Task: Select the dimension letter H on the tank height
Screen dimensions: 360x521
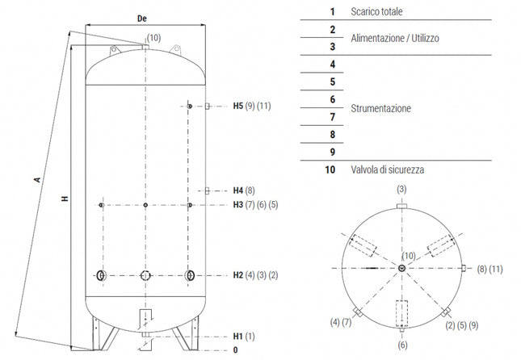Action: pos(62,199)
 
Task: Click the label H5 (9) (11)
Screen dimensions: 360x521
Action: pos(252,107)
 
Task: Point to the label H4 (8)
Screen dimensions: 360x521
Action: pos(243,190)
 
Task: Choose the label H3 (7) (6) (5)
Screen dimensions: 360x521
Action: pos(254,205)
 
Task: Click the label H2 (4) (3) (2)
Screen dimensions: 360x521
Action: pos(254,276)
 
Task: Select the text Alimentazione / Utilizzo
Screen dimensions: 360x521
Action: pos(395,38)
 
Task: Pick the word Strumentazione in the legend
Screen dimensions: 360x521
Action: pos(381,108)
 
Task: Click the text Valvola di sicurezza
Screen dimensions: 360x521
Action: pos(388,170)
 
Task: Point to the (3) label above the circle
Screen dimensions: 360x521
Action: pos(401,188)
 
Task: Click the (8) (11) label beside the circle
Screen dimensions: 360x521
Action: pos(489,268)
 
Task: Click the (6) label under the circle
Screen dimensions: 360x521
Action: pos(401,345)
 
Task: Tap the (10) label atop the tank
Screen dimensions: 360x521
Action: pos(153,37)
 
